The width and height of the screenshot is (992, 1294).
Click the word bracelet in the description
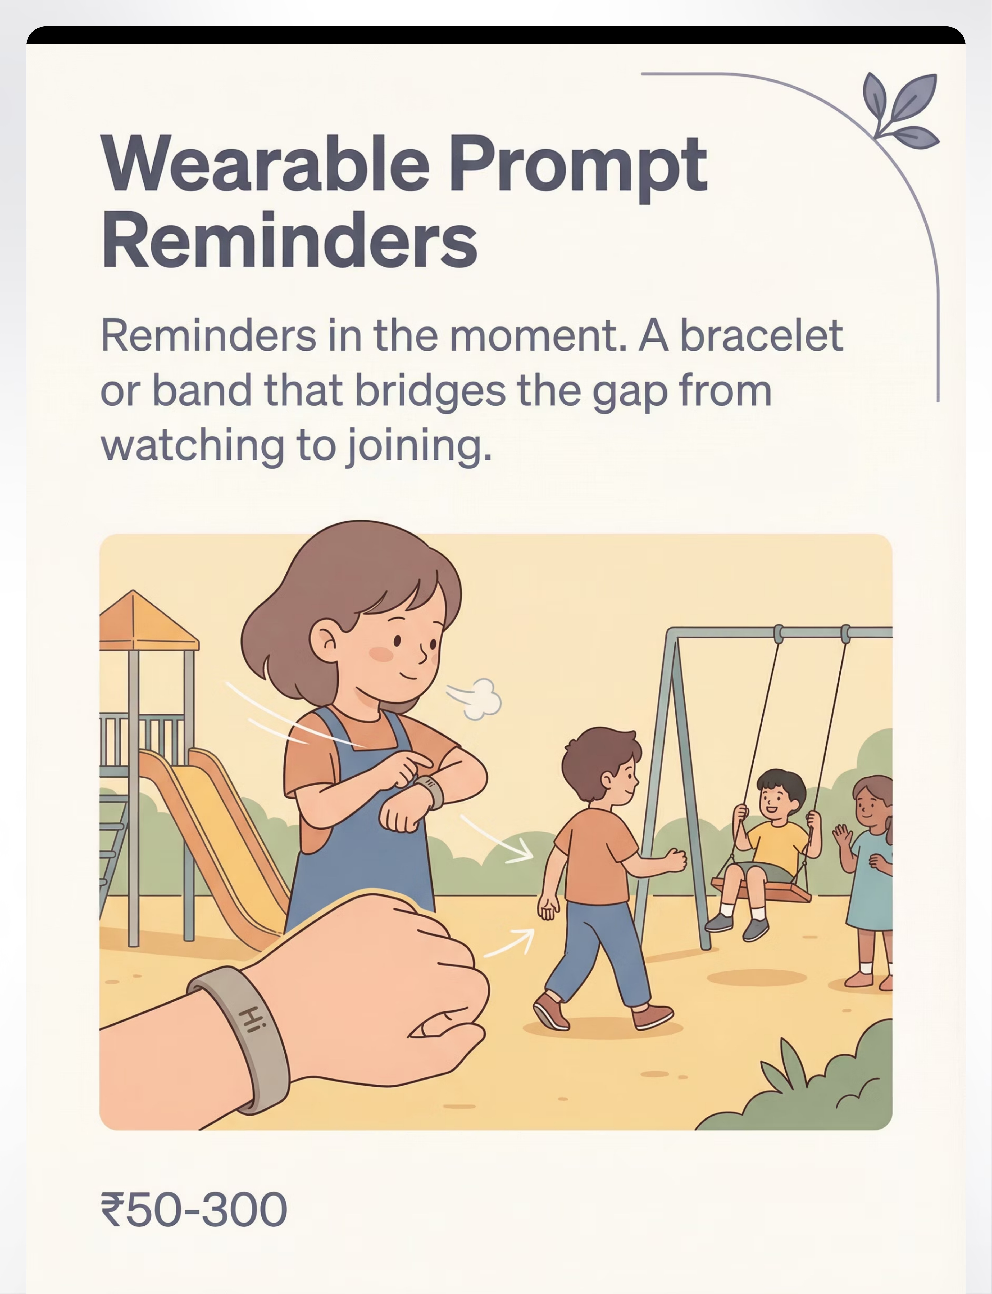[x=762, y=335]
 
